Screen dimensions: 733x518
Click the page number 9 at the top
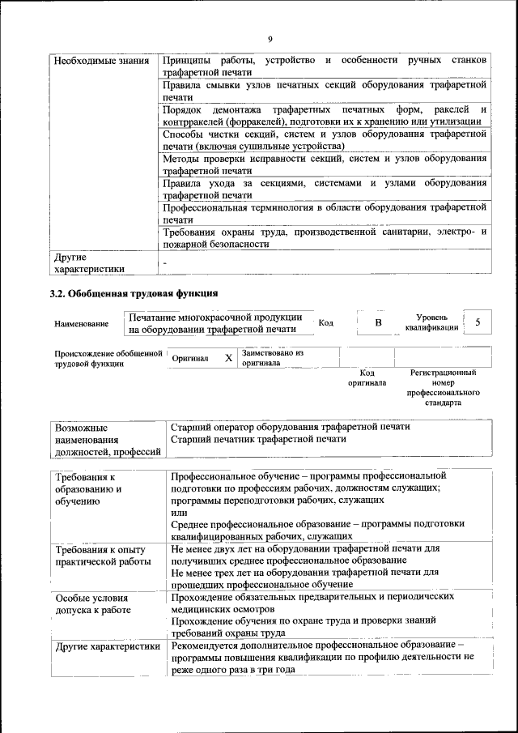(x=270, y=38)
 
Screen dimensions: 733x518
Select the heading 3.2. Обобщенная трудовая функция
(x=134, y=292)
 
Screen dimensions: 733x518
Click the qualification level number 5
(x=478, y=322)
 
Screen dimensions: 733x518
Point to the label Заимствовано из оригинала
(x=272, y=358)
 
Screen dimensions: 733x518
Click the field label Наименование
(x=81, y=324)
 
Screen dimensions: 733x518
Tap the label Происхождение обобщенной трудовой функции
(x=104, y=359)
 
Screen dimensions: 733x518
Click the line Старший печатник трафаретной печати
(x=259, y=439)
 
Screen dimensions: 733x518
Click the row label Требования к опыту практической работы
(x=102, y=555)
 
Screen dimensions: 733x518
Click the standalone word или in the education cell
(x=178, y=512)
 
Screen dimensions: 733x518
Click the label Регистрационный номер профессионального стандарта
(x=444, y=387)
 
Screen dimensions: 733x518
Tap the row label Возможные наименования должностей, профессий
(x=103, y=439)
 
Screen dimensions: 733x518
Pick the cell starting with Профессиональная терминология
(x=324, y=213)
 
